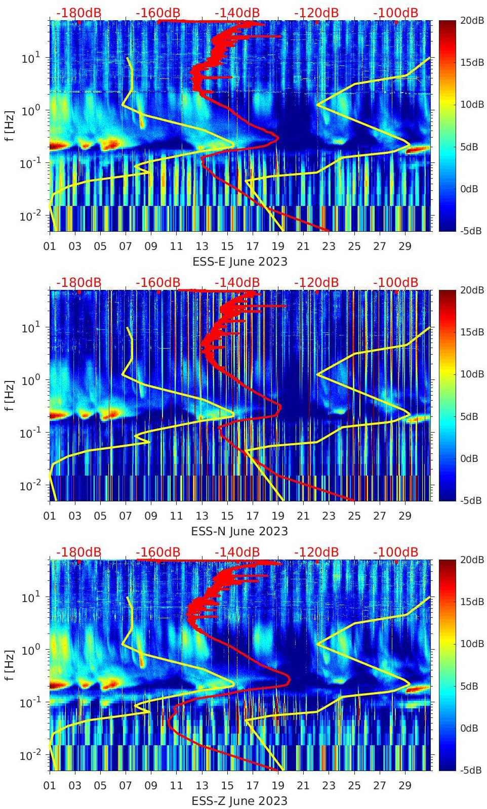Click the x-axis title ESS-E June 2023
tap(240, 262)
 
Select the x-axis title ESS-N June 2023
tap(240, 531)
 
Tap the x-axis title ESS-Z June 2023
tap(240, 801)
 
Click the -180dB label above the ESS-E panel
tap(78, 13)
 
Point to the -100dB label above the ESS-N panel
tap(396, 282)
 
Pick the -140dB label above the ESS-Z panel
tap(237, 552)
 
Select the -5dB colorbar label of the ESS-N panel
tap(471, 500)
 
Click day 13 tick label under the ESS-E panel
tap(202, 246)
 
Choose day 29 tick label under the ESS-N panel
tap(405, 516)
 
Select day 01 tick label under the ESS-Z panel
tap(50, 786)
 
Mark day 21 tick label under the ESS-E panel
tap(303, 246)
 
